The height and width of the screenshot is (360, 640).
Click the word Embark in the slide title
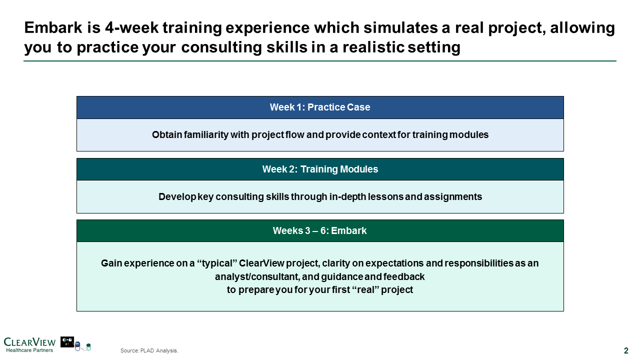(x=53, y=27)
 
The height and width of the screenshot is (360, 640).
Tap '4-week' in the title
(x=131, y=27)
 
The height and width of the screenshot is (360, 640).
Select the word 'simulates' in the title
(x=400, y=27)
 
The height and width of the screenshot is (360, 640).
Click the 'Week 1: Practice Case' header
(x=320, y=107)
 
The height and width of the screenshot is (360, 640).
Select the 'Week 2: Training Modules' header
(x=320, y=169)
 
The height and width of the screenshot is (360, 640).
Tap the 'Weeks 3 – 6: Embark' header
(x=320, y=230)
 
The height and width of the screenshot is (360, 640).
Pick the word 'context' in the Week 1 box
(x=379, y=135)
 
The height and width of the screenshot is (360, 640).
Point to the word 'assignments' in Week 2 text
(x=453, y=197)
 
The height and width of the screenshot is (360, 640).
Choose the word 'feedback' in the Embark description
(x=403, y=276)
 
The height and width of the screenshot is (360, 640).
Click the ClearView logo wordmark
(x=29, y=342)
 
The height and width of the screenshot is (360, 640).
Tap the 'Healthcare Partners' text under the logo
(x=29, y=350)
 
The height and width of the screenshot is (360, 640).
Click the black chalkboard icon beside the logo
(x=67, y=341)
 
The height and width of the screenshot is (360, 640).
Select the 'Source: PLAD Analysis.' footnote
(x=149, y=350)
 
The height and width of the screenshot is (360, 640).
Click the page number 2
(x=626, y=350)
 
